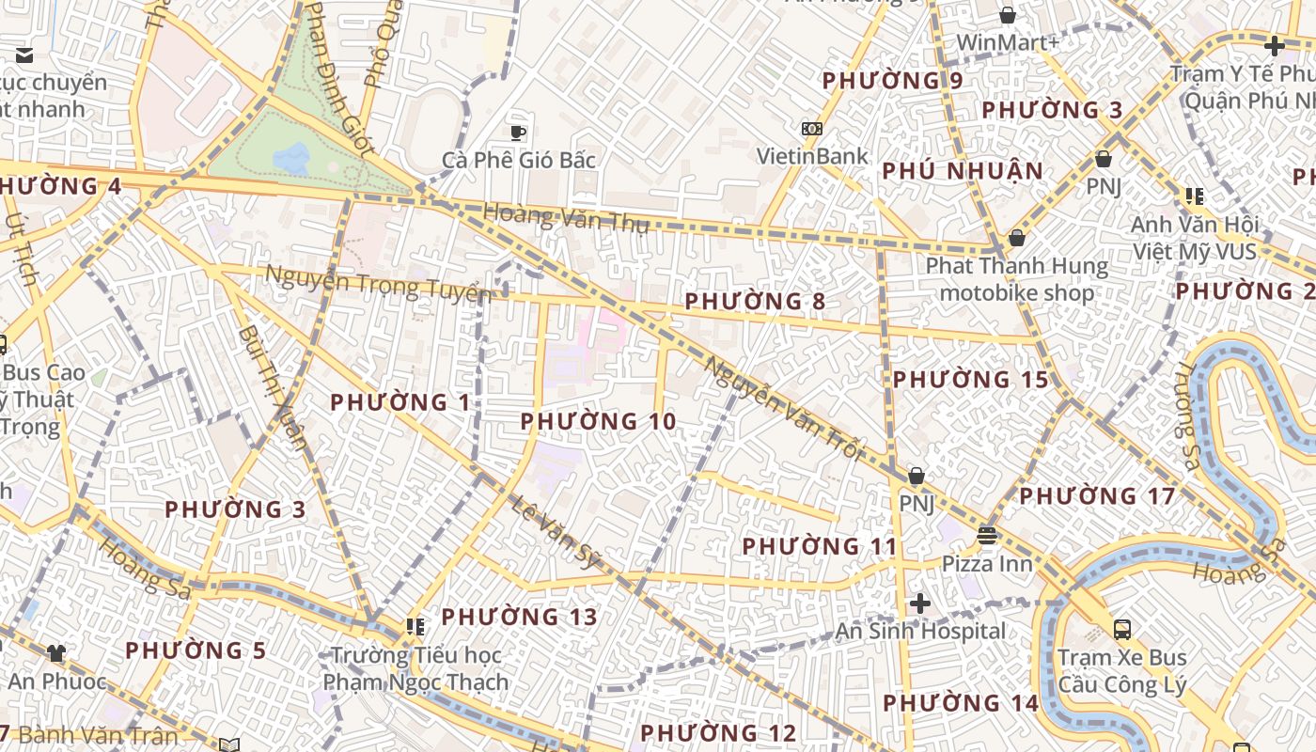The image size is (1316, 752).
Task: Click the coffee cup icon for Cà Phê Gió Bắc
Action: tap(517, 133)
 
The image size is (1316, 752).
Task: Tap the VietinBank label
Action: tap(813, 156)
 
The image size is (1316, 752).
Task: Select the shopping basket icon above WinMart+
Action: tap(1008, 15)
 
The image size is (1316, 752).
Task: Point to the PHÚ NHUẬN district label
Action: tap(963, 171)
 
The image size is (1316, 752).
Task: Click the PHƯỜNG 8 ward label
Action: tap(755, 302)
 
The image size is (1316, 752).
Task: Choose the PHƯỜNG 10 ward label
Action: tap(598, 422)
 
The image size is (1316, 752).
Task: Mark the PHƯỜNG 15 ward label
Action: tap(970, 380)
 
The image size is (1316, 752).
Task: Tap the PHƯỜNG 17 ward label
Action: tap(1097, 495)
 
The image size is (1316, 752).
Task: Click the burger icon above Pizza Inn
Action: tap(987, 536)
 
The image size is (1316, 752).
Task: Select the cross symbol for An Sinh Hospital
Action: tap(920, 603)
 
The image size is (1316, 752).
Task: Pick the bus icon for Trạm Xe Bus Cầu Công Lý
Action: tap(1121, 629)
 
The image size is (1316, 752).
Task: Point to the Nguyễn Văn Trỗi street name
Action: tap(782, 407)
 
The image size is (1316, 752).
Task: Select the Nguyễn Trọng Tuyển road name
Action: tap(378, 283)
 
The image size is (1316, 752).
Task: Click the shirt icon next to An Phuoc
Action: tap(56, 653)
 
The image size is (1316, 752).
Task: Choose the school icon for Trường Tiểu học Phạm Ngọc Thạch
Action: tap(415, 626)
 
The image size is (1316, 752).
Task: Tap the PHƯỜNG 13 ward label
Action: tap(519, 617)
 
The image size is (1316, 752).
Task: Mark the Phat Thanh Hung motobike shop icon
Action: tap(1016, 239)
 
